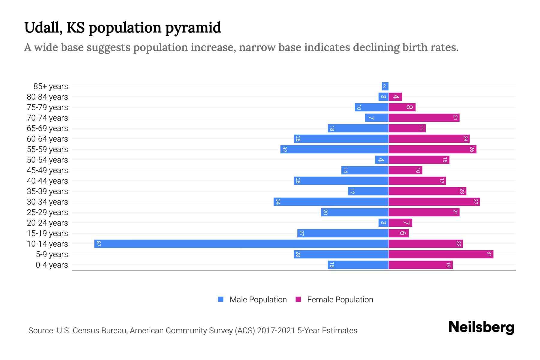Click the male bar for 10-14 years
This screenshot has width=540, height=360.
coord(241,244)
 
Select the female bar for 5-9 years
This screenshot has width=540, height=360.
coord(441,254)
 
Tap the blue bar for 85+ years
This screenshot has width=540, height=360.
coord(385,86)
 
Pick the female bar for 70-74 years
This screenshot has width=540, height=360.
coord(424,118)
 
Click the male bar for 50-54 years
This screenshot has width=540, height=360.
coord(382,160)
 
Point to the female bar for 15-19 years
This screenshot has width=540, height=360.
coord(398,233)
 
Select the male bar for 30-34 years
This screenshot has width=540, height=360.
coord(331,202)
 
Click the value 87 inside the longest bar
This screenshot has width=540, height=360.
coord(98,244)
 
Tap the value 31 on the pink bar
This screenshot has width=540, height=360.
coord(489,254)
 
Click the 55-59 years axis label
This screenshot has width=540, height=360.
coord(47,149)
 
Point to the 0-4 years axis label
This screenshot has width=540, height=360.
coord(52,265)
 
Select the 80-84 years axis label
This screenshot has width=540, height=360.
coord(47,97)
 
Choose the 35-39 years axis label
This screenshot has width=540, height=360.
coord(47,191)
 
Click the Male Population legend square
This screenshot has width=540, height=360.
coord(221,299)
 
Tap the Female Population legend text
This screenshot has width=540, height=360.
coord(340,300)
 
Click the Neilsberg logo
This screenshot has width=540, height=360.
coord(481,327)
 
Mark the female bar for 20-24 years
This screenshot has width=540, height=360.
coord(400,223)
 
